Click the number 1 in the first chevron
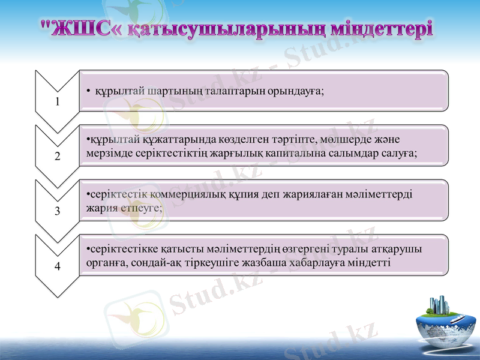pyautogui.click(x=58, y=101)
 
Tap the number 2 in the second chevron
pyautogui.click(x=58, y=157)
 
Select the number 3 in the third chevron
pyautogui.click(x=58, y=211)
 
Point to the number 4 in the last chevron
pyautogui.click(x=58, y=266)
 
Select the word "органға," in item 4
pyautogui.click(x=106, y=262)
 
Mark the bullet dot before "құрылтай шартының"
pyautogui.click(x=88, y=91)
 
